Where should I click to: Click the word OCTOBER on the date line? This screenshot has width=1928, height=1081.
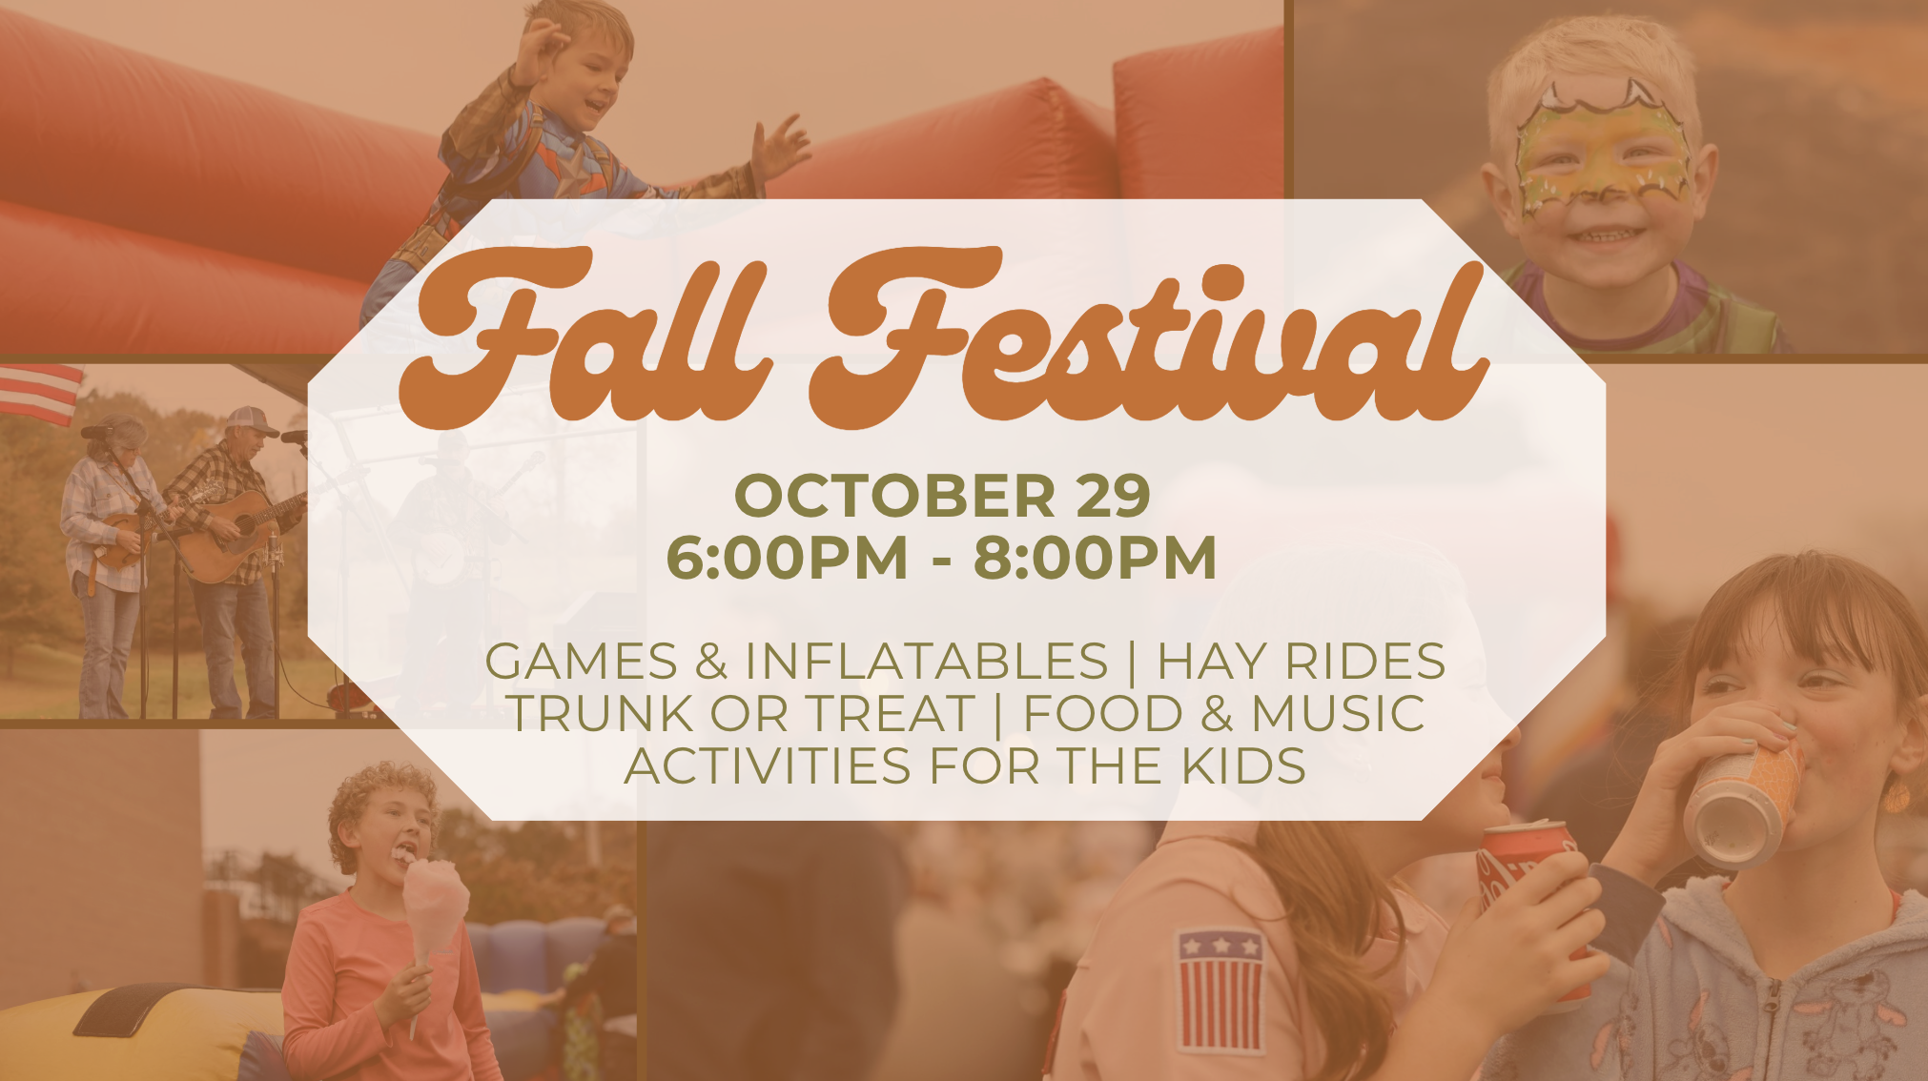click(895, 496)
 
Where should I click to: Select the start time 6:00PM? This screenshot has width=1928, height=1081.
click(788, 557)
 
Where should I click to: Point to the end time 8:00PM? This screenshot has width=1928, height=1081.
click(1095, 557)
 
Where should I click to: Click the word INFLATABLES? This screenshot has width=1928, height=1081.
click(926, 661)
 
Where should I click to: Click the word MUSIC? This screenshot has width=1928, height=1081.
click(1338, 713)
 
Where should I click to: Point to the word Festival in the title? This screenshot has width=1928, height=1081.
click(1149, 338)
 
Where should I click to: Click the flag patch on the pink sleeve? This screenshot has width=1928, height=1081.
click(1220, 989)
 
